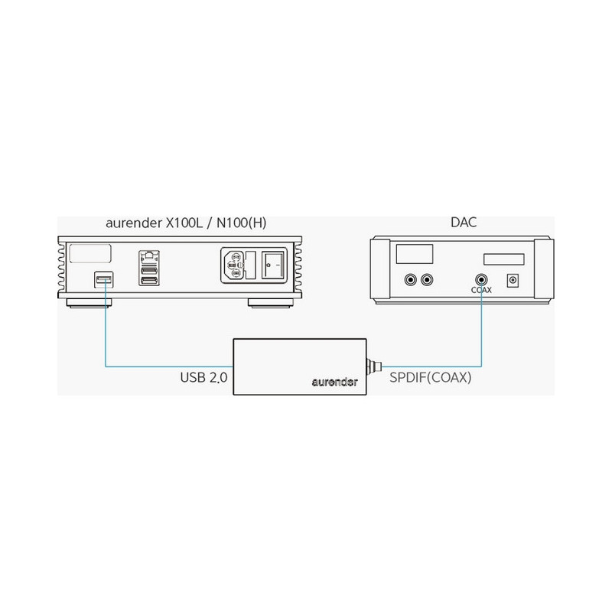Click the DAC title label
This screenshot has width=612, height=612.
[464, 222]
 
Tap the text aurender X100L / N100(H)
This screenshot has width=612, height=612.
[186, 223]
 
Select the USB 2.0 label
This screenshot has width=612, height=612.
[203, 377]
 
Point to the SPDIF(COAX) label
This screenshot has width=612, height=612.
[431, 377]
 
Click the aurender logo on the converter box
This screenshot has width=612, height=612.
[334, 382]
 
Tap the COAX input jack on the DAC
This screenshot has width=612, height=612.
[481, 280]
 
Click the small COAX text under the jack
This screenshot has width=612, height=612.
[481, 290]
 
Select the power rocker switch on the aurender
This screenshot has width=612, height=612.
[272, 265]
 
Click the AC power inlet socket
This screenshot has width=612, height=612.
[234, 265]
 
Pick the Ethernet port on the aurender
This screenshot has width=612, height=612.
[148, 257]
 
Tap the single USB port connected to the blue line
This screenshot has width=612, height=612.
[104, 280]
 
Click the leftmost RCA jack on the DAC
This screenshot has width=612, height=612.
[410, 280]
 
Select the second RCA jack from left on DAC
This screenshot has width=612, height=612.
[427, 280]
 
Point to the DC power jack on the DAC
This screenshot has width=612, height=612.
[513, 280]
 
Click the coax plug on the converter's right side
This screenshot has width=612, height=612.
[373, 366]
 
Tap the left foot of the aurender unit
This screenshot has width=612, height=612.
[89, 303]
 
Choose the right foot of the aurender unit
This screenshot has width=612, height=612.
[272, 303]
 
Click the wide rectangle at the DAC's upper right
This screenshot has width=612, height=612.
[504, 259]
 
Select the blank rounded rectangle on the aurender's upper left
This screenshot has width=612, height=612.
[90, 254]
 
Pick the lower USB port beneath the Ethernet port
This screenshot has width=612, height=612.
[148, 280]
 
